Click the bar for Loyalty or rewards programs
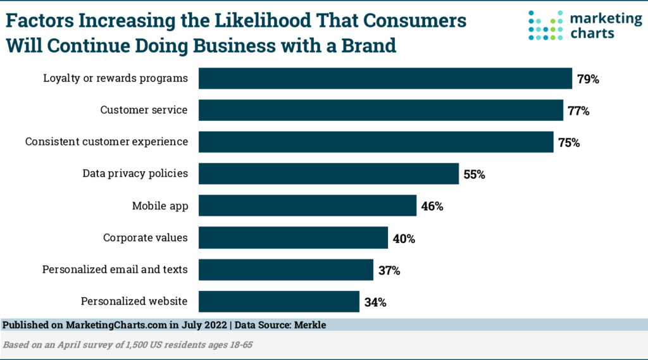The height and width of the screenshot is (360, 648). tap(385, 78)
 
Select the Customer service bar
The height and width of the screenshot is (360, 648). tap(381, 110)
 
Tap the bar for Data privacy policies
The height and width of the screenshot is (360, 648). tap(328, 174)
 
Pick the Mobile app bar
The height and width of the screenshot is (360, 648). tap(308, 206)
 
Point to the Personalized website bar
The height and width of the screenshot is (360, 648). tap(279, 301)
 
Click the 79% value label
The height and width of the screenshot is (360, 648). tap(588, 80)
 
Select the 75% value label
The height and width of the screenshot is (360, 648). tap(569, 143)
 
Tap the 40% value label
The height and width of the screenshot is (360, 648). tap(403, 239)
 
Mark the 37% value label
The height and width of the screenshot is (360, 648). tap(389, 271)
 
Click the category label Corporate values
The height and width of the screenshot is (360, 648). tap(146, 238)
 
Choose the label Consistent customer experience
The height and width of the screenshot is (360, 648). tap(106, 142)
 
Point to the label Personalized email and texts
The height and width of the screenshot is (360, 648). tap(115, 270)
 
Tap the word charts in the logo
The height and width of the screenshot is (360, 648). tap(591, 33)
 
